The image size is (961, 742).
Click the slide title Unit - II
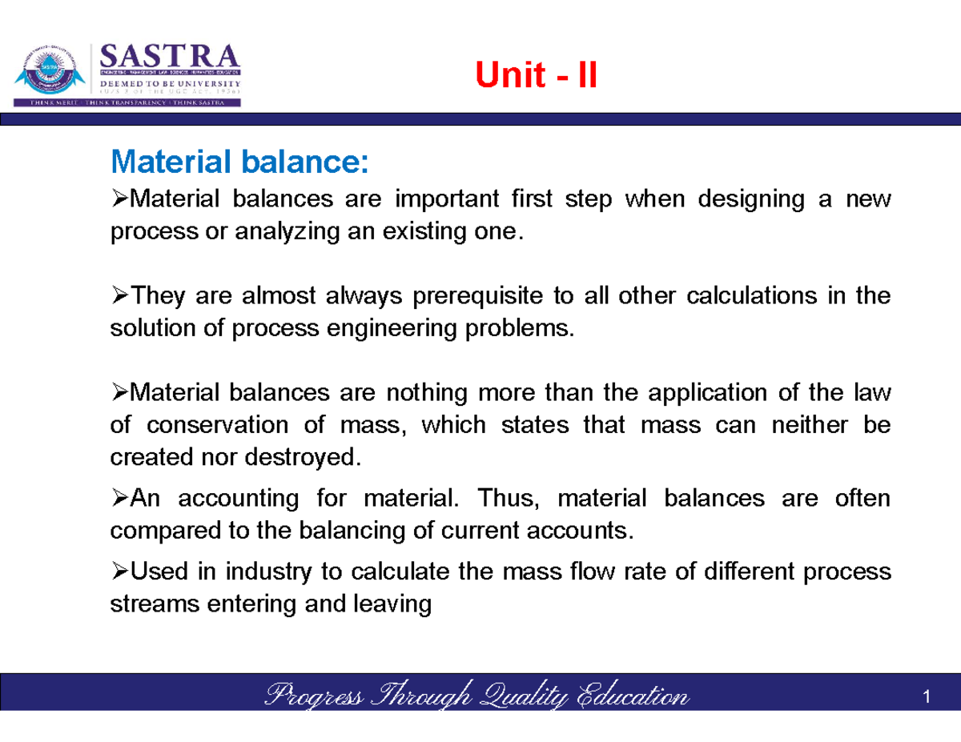pyautogui.click(x=536, y=77)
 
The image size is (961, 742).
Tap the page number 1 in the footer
pyautogui.click(x=926, y=698)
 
